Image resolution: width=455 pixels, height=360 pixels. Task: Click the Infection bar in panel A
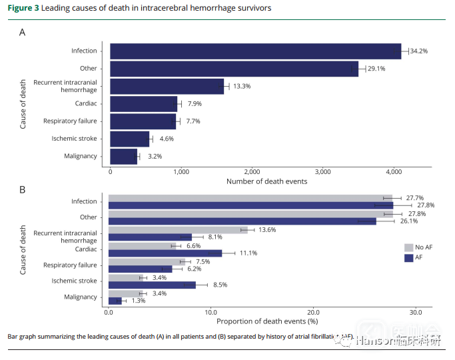click(x=255, y=51)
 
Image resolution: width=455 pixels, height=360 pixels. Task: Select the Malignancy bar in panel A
click(x=124, y=157)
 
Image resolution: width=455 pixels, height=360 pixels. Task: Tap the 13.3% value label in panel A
click(x=241, y=87)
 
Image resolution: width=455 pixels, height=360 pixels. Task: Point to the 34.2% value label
click(x=418, y=51)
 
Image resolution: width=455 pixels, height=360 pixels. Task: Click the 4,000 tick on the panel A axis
click(x=393, y=171)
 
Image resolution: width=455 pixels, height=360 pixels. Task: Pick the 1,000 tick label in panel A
click(x=181, y=171)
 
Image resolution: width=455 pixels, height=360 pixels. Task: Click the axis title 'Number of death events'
click(x=266, y=181)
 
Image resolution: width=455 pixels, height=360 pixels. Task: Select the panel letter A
click(x=22, y=32)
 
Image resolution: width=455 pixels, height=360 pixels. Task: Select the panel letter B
click(x=22, y=190)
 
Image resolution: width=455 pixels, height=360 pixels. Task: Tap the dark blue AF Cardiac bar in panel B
click(x=165, y=253)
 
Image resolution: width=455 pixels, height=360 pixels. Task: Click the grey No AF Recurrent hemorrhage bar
click(x=177, y=229)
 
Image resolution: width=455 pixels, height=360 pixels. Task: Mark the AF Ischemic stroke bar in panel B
click(x=151, y=285)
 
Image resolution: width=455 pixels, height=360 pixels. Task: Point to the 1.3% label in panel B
click(x=139, y=301)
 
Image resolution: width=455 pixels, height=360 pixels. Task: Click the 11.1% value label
click(x=248, y=253)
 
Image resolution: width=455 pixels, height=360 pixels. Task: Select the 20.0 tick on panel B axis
click(x=313, y=312)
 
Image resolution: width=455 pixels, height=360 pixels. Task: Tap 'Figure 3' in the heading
click(x=23, y=8)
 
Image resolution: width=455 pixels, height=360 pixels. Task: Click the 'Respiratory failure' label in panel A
click(x=70, y=121)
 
